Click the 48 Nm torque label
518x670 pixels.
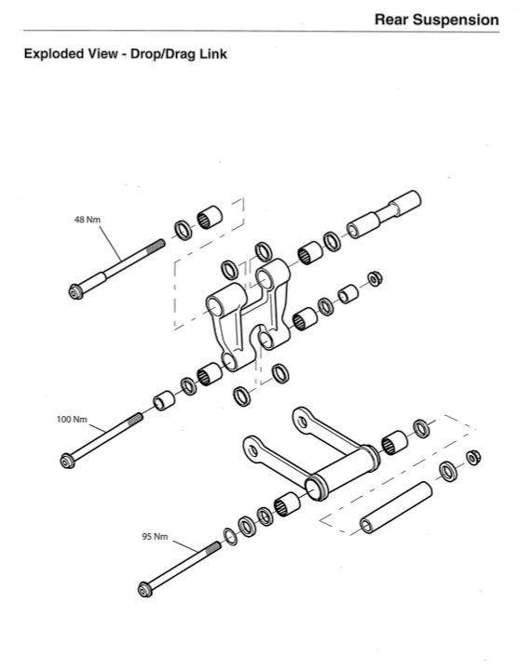88,220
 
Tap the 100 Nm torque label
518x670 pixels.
72,419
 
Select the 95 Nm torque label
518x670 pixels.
155,536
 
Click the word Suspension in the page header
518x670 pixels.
456,20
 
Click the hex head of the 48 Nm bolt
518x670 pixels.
75,292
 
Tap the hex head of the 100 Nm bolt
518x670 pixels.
67,461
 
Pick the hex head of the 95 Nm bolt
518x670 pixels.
145,590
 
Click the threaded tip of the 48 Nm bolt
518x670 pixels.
157,246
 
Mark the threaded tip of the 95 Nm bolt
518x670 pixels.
213,548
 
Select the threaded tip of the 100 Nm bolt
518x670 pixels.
135,419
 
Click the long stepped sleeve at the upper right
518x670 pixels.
384,215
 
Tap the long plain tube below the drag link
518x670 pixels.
396,507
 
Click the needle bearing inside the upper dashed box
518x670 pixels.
210,218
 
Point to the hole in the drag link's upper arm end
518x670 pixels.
303,422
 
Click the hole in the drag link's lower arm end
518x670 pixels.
253,450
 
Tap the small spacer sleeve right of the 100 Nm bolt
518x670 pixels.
164,401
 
